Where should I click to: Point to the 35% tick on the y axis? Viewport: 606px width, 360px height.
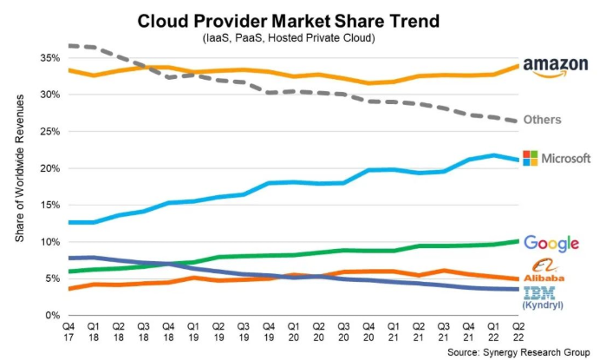(x=49, y=58)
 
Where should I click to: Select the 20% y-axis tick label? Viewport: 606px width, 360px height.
(x=49, y=168)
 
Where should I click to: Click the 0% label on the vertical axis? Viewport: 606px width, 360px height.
(x=52, y=316)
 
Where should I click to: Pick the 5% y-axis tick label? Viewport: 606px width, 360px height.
(x=52, y=279)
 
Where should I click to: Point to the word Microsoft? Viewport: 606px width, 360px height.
(x=566, y=158)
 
